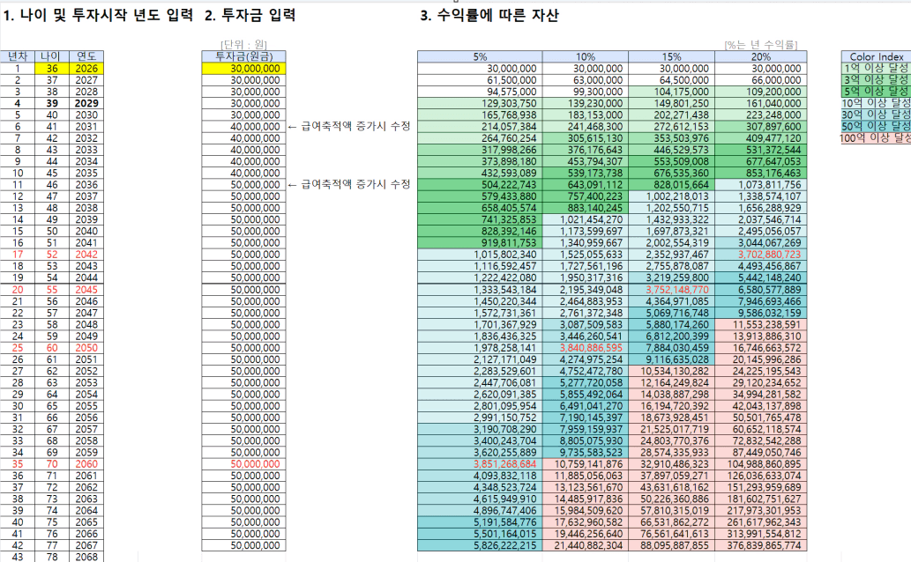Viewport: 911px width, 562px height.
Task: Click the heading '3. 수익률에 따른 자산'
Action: coord(489,16)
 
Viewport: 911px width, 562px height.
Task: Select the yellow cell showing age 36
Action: coord(53,68)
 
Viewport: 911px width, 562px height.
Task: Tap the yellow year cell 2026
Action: coord(87,68)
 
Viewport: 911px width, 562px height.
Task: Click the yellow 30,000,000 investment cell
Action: coord(242,68)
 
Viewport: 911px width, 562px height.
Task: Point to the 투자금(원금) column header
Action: coord(242,56)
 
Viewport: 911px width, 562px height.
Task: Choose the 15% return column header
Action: coord(672,56)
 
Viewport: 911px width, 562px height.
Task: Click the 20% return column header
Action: coord(759,56)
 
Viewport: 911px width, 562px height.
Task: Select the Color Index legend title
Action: coord(876,56)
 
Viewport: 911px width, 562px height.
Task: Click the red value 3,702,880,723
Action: coord(759,254)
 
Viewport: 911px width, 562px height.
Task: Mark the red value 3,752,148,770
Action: coord(672,289)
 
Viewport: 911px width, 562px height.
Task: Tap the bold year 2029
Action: coord(87,103)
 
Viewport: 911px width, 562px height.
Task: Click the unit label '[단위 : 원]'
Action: coord(243,44)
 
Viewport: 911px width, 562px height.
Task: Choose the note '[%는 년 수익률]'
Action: coord(760,43)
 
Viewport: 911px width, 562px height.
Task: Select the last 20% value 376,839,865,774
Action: coord(759,544)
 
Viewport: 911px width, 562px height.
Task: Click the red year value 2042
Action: coord(87,254)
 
